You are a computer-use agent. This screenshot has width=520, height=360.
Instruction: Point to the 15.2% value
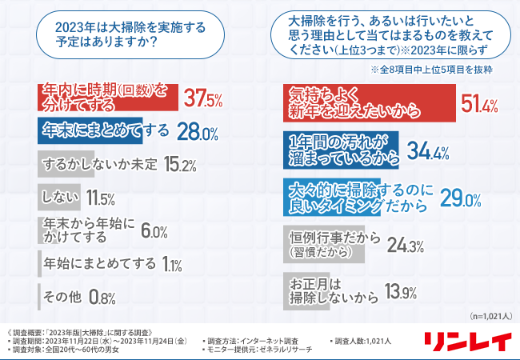[178, 166]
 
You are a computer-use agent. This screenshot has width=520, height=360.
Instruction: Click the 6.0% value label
[154, 232]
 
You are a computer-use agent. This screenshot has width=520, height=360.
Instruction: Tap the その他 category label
[62, 297]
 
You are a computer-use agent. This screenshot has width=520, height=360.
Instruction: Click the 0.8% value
[102, 298]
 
